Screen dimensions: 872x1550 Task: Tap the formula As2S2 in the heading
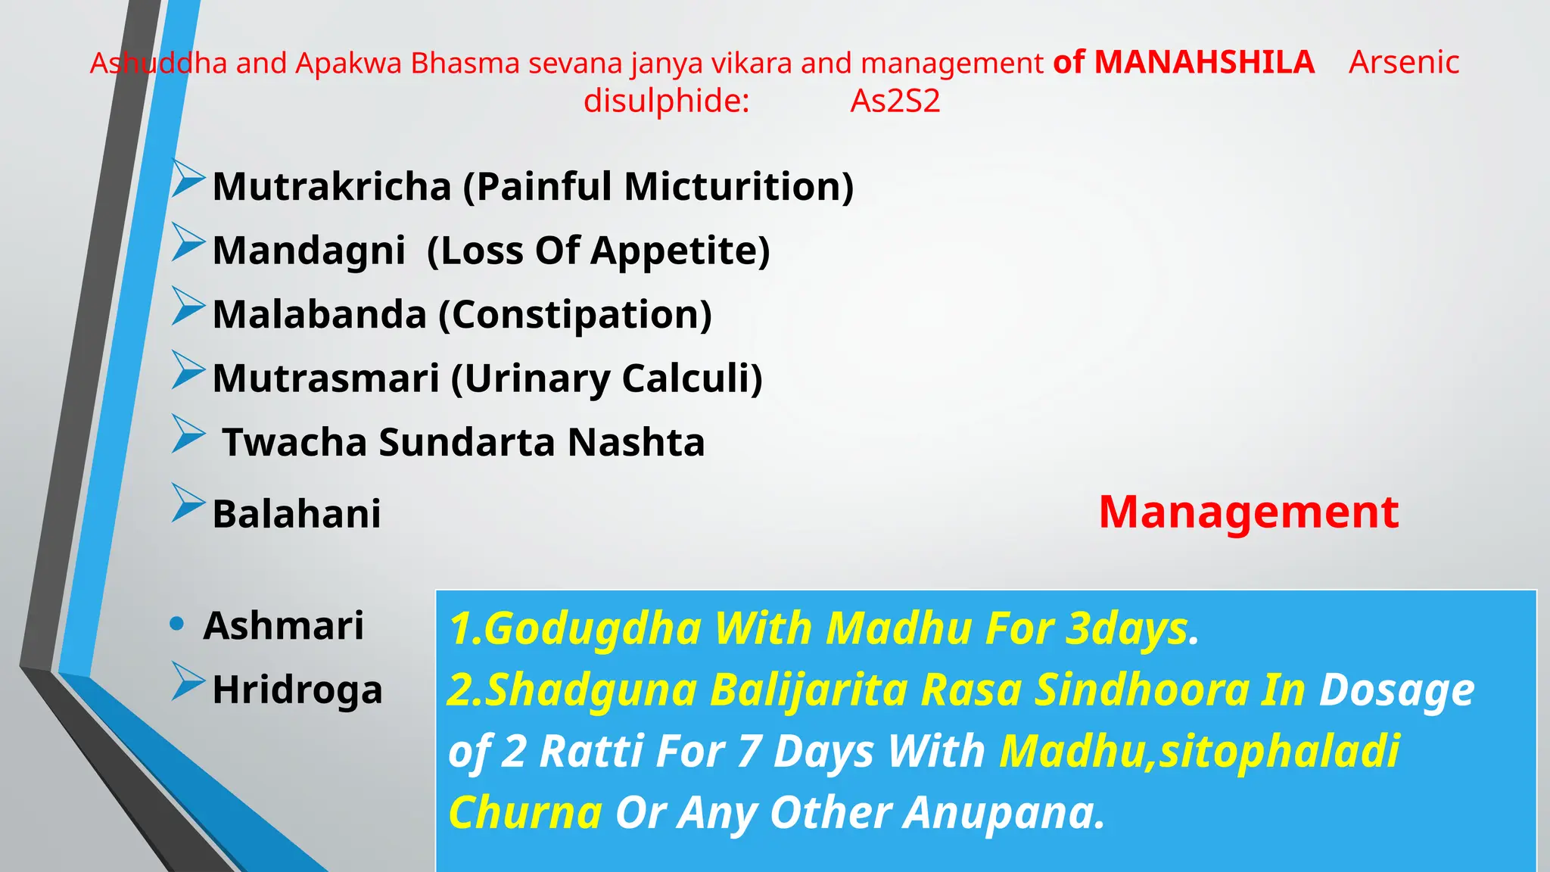point(895,101)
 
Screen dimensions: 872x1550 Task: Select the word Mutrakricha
point(331,186)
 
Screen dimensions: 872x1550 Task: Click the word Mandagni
point(309,251)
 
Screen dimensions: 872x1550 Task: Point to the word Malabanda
point(319,315)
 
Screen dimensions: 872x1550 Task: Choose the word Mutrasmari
point(325,378)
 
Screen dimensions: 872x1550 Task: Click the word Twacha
point(294,443)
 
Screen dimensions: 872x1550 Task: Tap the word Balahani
point(297,514)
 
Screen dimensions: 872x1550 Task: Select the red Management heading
point(1248,512)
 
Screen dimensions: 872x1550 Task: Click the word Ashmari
point(284,626)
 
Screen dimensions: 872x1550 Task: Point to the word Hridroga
point(297,690)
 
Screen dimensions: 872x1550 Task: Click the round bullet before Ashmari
point(178,624)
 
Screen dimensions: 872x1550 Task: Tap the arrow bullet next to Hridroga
point(187,681)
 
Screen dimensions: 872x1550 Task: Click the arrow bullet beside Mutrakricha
point(187,179)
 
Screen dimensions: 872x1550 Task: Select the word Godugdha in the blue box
point(593,629)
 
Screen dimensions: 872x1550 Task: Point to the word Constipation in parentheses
point(576,315)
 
